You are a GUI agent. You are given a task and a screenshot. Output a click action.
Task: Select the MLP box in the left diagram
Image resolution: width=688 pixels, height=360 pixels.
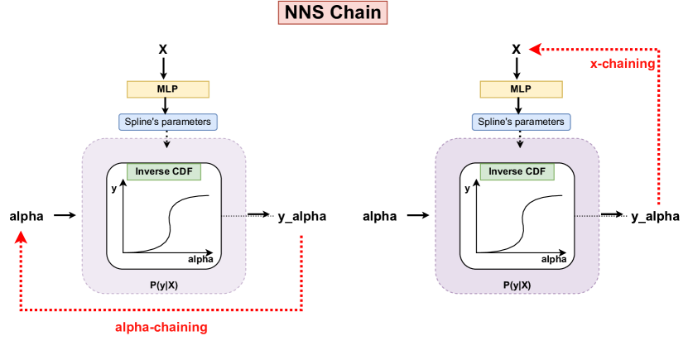[x=167, y=89]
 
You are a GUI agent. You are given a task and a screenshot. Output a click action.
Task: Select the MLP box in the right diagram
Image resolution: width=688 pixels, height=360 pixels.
[x=521, y=89]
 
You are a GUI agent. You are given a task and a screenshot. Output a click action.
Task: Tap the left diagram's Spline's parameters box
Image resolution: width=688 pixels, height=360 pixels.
[x=167, y=122]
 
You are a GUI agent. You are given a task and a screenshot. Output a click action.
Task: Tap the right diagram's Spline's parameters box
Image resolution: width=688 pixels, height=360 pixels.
[x=521, y=122]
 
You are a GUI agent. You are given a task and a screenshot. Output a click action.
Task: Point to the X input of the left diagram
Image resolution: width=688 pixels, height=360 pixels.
[x=163, y=50]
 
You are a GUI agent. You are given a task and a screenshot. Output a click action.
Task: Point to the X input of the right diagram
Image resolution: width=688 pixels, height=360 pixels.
[x=517, y=50]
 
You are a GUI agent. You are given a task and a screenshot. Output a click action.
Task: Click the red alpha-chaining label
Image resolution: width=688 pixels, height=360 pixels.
[x=161, y=327]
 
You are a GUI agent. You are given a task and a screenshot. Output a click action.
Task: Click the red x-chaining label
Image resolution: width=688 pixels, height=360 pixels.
[x=622, y=64]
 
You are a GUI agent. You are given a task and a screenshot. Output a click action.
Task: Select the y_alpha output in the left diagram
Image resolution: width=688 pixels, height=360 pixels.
[x=301, y=217]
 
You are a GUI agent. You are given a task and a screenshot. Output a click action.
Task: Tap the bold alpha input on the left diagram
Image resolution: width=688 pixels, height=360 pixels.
[x=26, y=217]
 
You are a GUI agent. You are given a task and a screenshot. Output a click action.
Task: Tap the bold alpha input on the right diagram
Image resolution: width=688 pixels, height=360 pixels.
[x=381, y=217]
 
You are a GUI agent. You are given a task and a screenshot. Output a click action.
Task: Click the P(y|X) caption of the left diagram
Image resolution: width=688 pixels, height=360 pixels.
[x=166, y=285]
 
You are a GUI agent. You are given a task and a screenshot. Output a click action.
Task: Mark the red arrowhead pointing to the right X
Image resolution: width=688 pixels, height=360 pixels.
[x=536, y=50]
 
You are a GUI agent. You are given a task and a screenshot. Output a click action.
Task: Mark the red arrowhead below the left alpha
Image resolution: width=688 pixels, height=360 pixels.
[x=22, y=237]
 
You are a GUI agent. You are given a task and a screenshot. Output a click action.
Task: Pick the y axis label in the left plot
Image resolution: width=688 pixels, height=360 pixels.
[x=113, y=189]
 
